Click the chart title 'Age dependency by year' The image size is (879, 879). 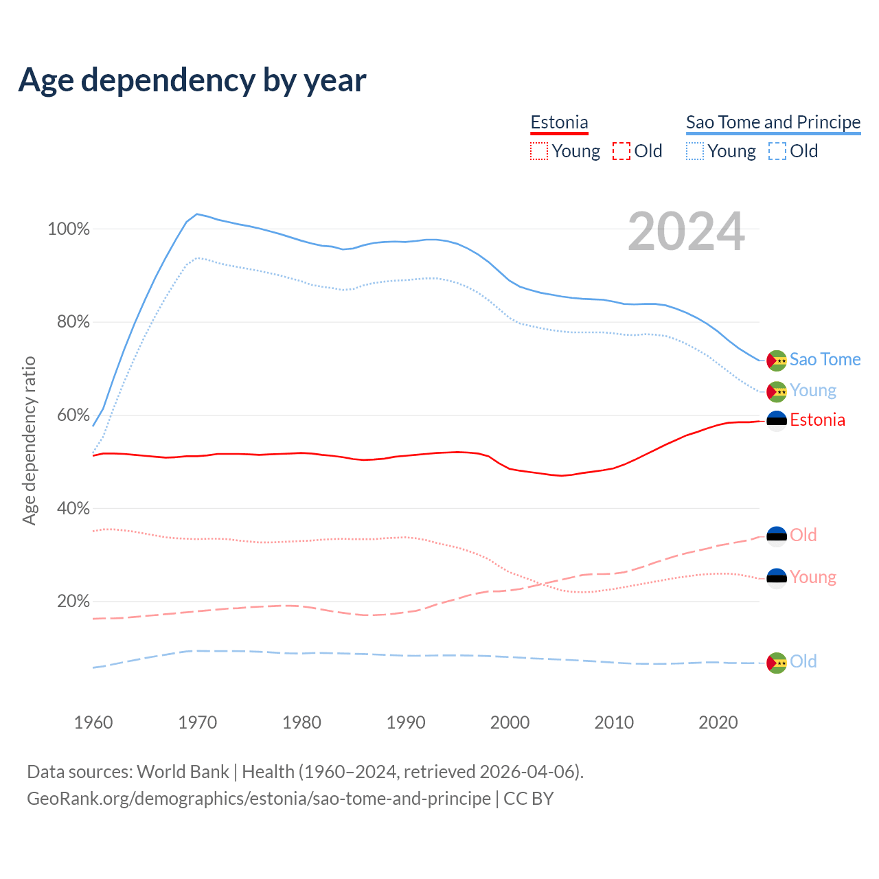tap(192, 80)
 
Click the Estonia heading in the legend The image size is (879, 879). tap(559, 122)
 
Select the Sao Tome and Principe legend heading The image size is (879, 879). tap(773, 122)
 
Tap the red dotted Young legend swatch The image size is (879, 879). tap(539, 151)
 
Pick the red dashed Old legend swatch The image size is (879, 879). tap(621, 151)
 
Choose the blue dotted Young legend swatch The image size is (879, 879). tap(695, 151)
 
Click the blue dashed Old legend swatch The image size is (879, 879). tap(777, 151)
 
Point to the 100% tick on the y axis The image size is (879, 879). tap(69, 229)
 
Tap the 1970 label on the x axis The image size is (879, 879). tap(198, 722)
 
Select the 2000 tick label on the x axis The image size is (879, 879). tap(510, 722)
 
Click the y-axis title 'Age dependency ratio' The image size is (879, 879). tap(29, 440)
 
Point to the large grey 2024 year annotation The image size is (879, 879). tap(686, 232)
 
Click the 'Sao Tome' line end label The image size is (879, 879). tap(825, 360)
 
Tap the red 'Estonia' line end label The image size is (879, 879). tap(817, 420)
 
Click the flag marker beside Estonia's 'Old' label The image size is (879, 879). tap(777, 536)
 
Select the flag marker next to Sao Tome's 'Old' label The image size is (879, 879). tap(777, 663)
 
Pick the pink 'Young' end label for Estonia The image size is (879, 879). tap(813, 577)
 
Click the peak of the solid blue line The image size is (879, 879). tap(197, 214)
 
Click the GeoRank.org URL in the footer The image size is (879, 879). tap(259, 799)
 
